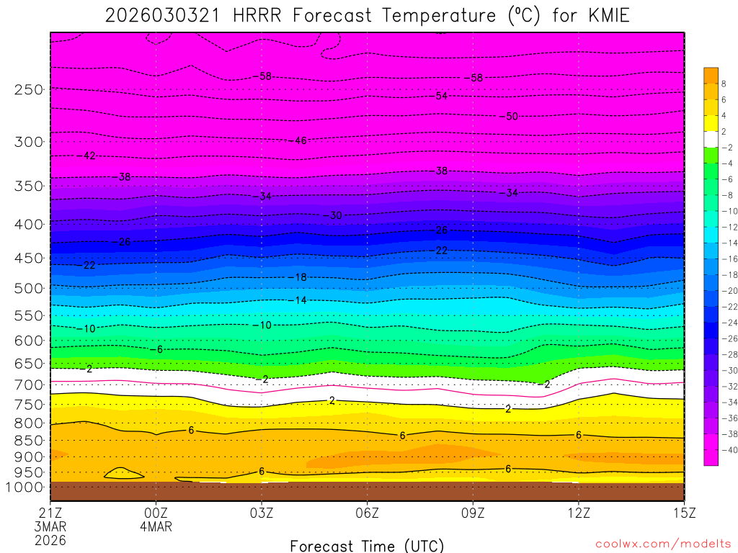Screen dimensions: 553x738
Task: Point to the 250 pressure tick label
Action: (x=29, y=89)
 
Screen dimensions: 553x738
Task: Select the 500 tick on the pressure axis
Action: (x=29, y=288)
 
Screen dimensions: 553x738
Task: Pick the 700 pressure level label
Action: (x=29, y=385)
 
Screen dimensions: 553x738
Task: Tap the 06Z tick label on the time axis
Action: (x=367, y=513)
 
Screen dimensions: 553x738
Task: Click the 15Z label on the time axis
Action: (x=683, y=513)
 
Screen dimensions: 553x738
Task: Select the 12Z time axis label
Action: (x=578, y=513)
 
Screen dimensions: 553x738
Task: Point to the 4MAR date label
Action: (x=156, y=526)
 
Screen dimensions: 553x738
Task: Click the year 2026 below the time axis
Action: (x=50, y=540)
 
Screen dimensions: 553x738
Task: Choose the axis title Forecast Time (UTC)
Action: (x=367, y=545)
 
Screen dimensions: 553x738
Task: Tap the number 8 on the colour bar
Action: (x=723, y=84)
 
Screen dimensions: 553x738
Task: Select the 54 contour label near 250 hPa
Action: (x=441, y=96)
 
